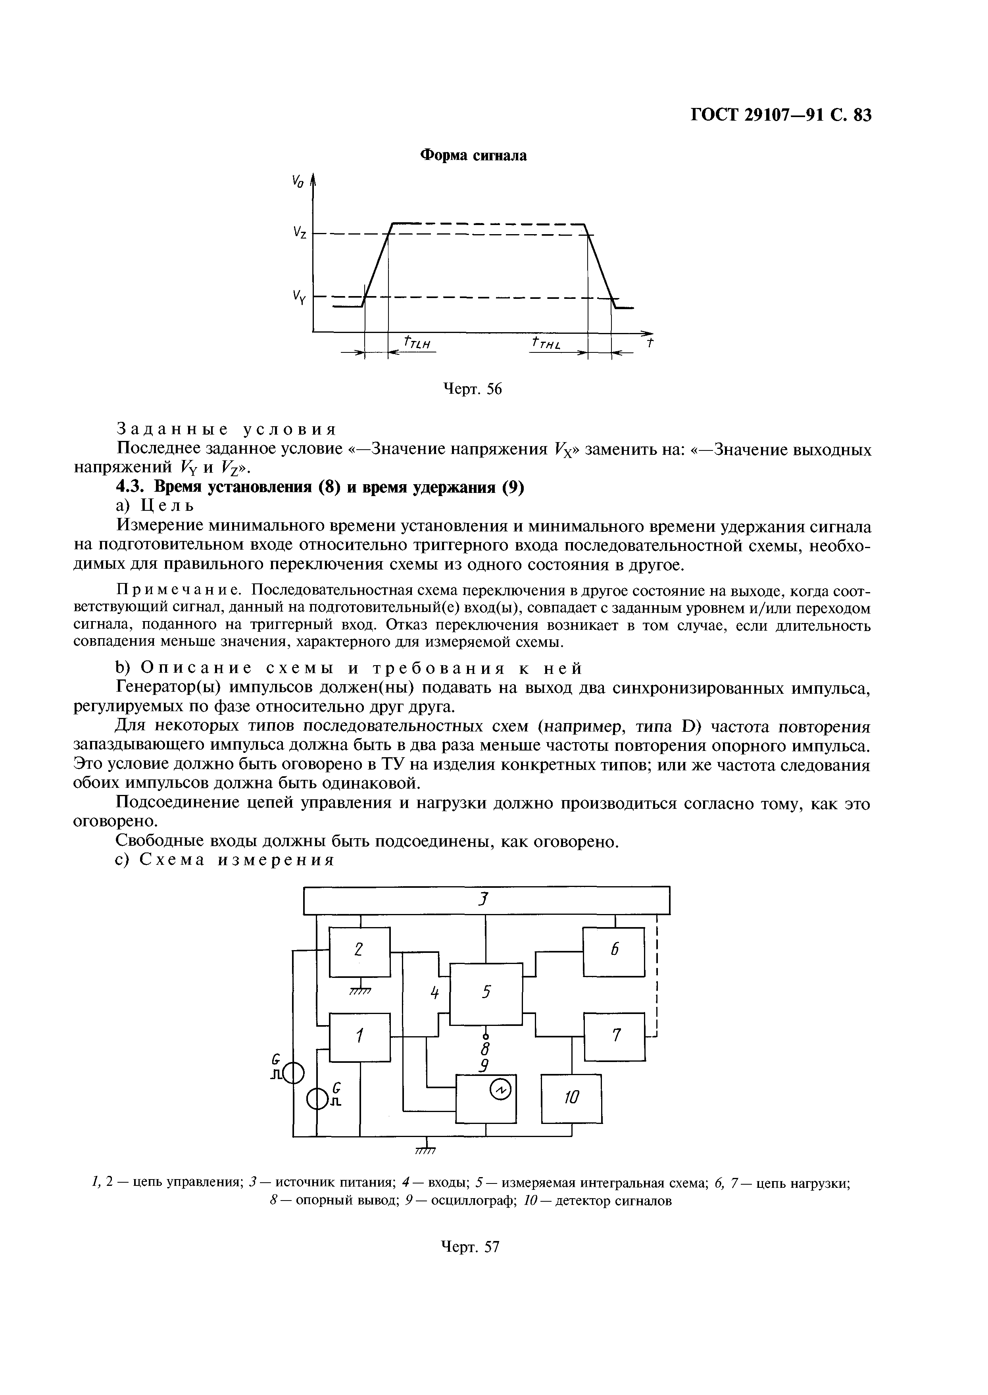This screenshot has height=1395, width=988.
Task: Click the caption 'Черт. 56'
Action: [x=471, y=389]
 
